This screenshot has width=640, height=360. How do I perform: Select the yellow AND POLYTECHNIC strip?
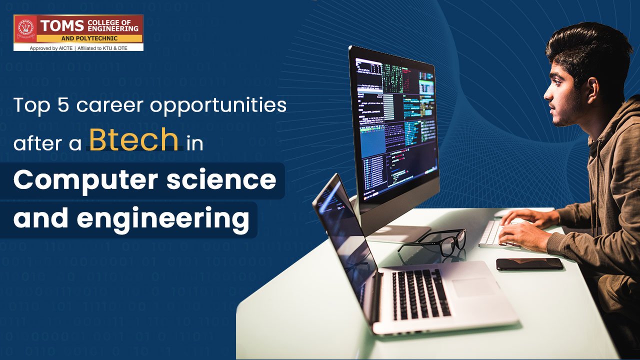click(x=89, y=38)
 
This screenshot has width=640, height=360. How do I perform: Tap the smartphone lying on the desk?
click(x=529, y=264)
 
